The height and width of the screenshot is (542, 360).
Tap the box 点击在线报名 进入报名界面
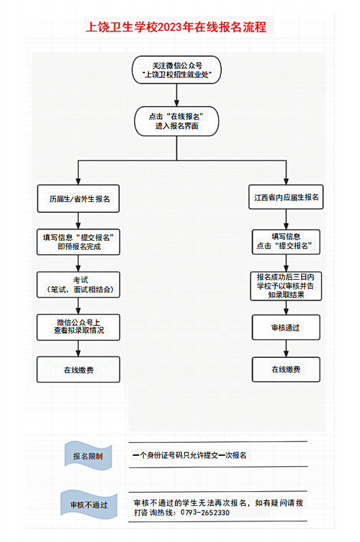[177, 121]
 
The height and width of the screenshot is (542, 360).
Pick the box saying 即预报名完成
[79, 242]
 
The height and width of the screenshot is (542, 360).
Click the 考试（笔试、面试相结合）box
[79, 285]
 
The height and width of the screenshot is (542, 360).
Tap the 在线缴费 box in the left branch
[79, 370]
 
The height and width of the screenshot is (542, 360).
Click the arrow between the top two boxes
[177, 96]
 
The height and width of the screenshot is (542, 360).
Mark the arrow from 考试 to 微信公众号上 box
[79, 305]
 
